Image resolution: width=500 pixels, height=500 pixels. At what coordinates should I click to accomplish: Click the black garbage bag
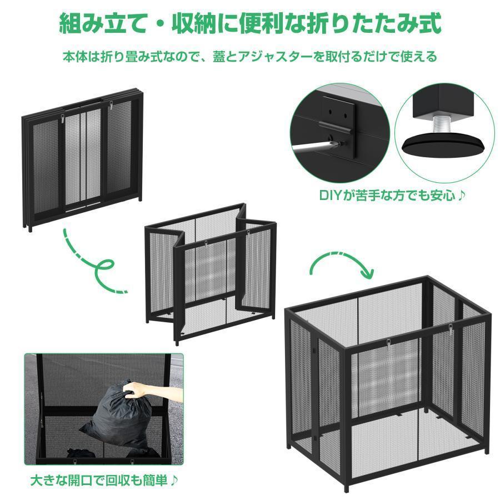pos(114,414)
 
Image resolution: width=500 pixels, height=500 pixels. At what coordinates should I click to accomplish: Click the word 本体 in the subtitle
pos(72,57)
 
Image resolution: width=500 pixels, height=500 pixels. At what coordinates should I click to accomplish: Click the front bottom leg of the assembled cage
pos(346,488)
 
